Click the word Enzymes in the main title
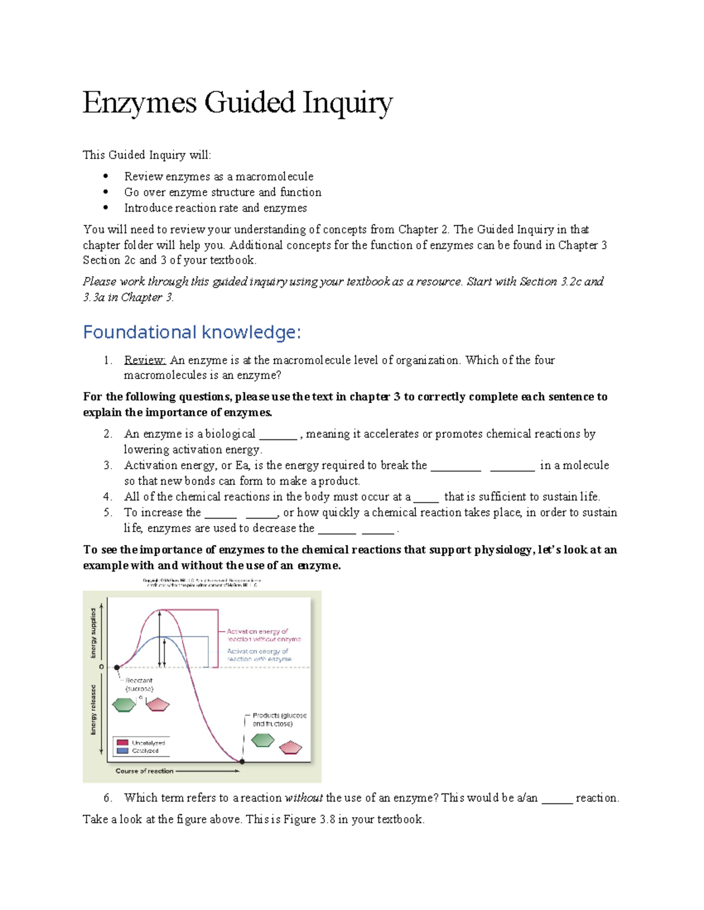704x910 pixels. coord(140,103)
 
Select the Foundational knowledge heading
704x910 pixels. coord(192,332)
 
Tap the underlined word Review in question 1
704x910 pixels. coord(144,360)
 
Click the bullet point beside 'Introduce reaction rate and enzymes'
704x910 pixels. coord(106,207)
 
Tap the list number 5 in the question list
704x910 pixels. coord(107,512)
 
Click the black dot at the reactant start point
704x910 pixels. coord(117,667)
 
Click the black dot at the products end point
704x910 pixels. coord(242,761)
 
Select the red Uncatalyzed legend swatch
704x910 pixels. coord(123,742)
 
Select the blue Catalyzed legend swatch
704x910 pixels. coord(123,751)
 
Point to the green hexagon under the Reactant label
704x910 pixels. coord(124,705)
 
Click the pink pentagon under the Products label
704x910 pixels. coord(290,748)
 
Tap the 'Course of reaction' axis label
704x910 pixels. coord(144,771)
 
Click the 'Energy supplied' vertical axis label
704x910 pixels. coord(93,632)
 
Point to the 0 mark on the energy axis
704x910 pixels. coord(101,667)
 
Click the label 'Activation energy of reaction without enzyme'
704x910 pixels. coord(263,635)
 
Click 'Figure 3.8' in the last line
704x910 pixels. coord(309,819)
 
